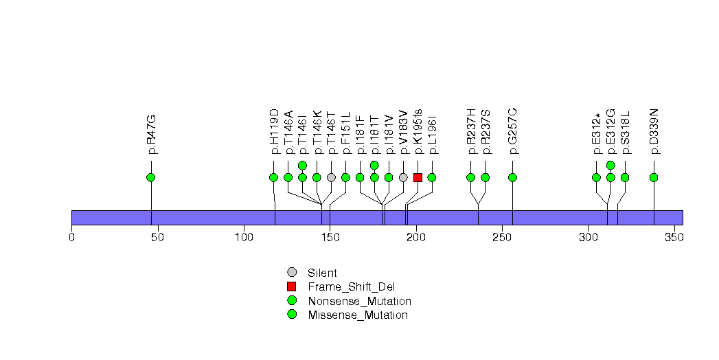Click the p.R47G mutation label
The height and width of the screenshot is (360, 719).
pos(151,134)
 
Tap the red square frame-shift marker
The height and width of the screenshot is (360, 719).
pos(418,177)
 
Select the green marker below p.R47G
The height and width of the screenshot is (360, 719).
pos(151,177)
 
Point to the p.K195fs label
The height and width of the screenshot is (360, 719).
pos(418,131)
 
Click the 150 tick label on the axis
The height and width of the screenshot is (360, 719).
pos(330,237)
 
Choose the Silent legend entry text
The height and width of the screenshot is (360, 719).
pos(322,273)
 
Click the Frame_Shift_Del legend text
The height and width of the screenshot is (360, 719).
pos(351,287)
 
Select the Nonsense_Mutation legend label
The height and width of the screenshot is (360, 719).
pos(360,302)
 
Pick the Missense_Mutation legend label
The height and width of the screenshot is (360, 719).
pos(358,315)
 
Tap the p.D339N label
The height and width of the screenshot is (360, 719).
pos(654,131)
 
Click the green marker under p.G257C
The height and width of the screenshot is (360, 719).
pos(513,177)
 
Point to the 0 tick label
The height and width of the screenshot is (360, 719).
pos(71,237)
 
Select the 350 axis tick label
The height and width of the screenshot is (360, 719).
pos(674,237)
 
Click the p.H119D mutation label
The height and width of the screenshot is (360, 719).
pos(274,131)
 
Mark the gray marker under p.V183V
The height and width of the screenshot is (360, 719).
pos(403,177)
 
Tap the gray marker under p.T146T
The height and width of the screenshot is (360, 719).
pos(331,177)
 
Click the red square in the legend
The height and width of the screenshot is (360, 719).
pos(292,286)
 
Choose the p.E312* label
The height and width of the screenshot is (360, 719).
pos(597,133)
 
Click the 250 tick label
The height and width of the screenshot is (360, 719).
pos(502,237)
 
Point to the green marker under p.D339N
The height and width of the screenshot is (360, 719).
pos(654,177)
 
